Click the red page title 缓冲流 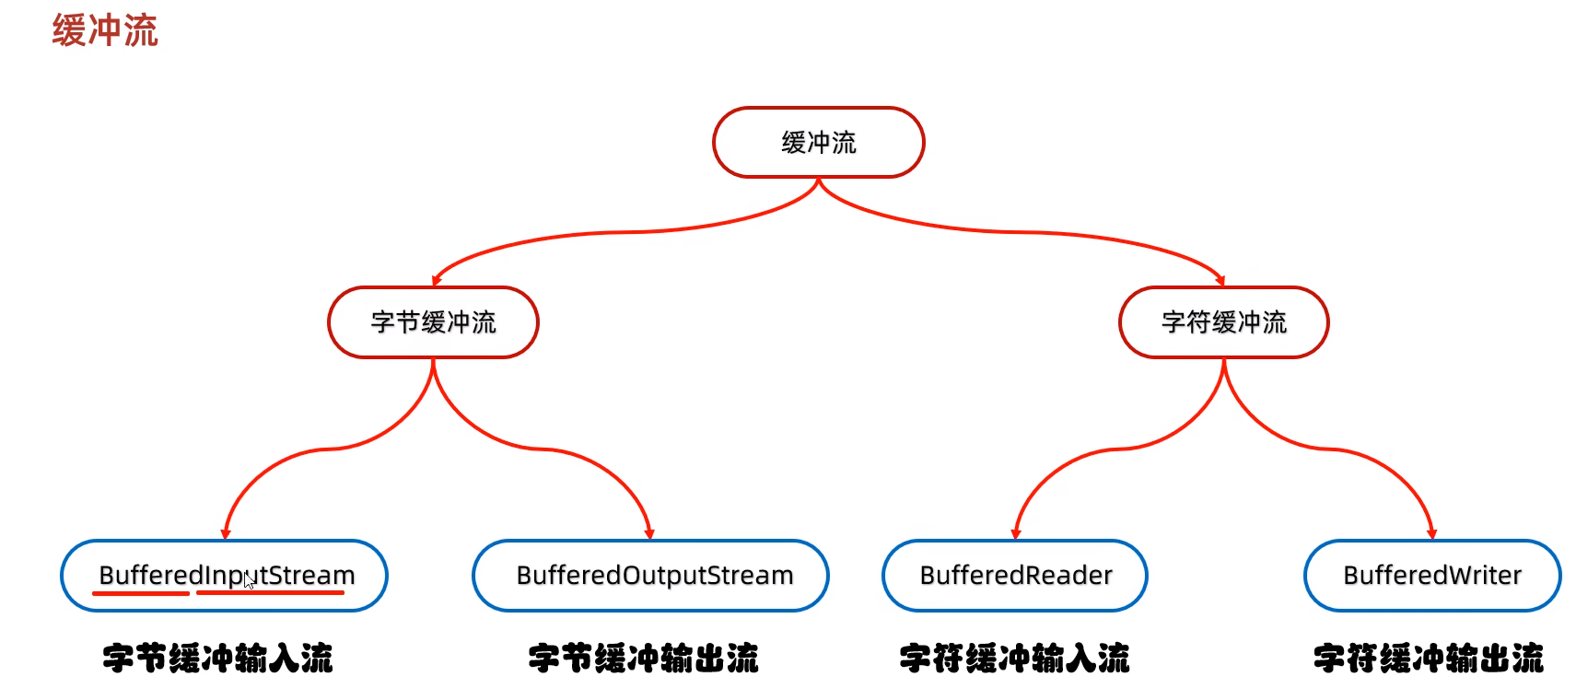(105, 30)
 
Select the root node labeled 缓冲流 (818, 142)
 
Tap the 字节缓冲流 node (433, 322)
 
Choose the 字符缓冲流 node (1223, 322)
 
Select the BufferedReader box (1015, 576)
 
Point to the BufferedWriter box (1432, 576)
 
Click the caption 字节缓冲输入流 (217, 659)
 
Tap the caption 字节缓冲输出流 (643, 659)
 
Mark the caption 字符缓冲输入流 (1014, 659)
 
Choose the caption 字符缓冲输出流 (1428, 659)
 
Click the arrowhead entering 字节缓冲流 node (437, 280)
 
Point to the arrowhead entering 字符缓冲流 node (1220, 280)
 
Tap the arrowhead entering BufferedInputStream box (226, 533)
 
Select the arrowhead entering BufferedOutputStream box (649, 533)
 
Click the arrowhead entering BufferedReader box (1016, 533)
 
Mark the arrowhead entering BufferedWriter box (1431, 533)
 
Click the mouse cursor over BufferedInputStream (249, 581)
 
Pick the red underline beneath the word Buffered (141, 594)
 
